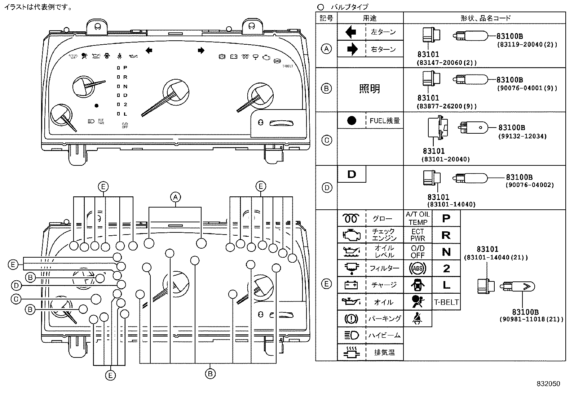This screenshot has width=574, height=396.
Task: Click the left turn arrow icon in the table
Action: point(351,32)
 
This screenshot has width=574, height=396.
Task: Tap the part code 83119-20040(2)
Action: point(527,45)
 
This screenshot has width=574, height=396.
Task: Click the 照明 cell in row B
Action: point(370,89)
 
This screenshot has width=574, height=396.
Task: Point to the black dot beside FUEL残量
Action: point(352,121)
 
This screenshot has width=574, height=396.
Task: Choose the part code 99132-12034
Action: point(522,136)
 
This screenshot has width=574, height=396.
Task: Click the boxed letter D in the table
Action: point(352,174)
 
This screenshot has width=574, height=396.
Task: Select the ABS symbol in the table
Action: point(418,268)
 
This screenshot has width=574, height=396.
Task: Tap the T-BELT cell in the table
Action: point(446,302)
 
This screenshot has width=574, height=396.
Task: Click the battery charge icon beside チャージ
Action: point(351,285)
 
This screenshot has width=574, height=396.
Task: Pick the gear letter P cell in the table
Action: point(446,218)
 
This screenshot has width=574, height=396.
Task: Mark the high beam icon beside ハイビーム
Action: point(351,335)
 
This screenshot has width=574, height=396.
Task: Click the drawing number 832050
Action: point(548,384)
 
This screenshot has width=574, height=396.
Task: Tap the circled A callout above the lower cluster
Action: point(175,197)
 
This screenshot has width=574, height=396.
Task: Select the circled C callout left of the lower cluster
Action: point(16,299)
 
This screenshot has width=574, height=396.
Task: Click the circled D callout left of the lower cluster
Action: point(16,286)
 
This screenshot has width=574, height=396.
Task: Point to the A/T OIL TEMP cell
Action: point(418,218)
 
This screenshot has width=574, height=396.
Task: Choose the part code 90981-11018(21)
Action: point(531,319)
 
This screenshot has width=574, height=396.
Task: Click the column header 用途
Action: point(370,18)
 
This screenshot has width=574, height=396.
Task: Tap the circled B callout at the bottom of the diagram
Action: point(210,374)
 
